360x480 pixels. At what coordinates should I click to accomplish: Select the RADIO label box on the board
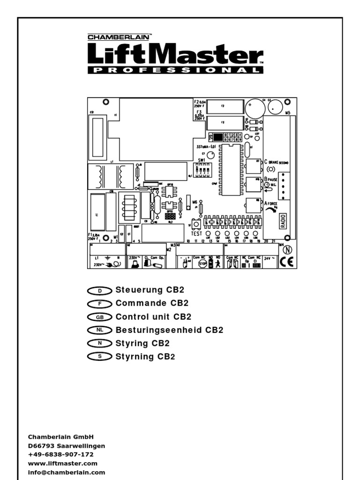click(x=283, y=221)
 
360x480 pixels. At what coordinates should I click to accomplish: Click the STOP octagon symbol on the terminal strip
click(x=203, y=263)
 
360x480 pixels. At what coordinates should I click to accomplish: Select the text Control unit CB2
click(x=153, y=316)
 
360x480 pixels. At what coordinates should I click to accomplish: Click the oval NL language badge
click(x=99, y=330)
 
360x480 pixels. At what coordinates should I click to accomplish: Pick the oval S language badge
click(x=99, y=357)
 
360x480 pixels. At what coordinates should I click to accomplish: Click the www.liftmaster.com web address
click(x=63, y=463)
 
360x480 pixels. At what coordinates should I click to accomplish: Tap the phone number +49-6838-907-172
click(x=61, y=454)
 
